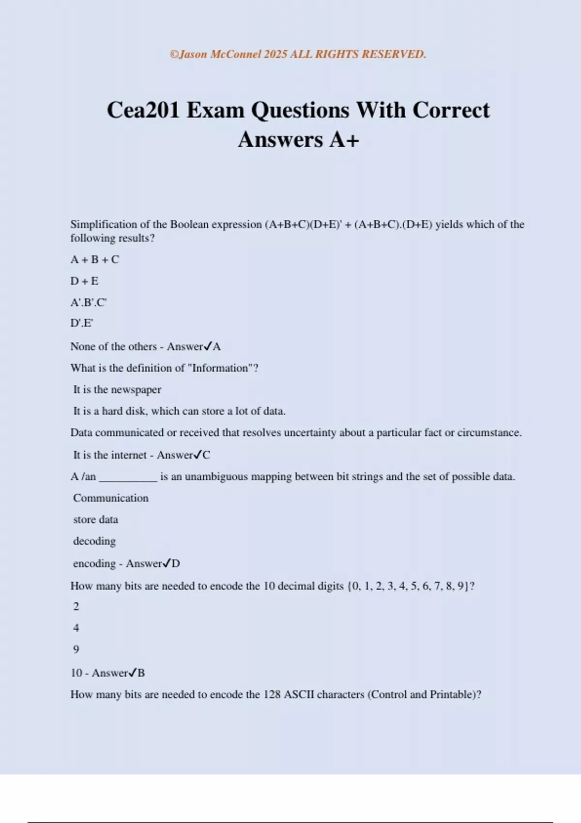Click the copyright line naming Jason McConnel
click(x=298, y=54)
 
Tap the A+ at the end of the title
click(x=344, y=140)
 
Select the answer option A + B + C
click(x=94, y=259)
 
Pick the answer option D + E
click(x=84, y=281)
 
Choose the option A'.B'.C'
click(x=88, y=303)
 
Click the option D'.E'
click(x=81, y=323)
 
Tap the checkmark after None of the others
click(x=208, y=346)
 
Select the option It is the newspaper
click(x=117, y=390)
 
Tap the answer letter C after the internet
click(x=206, y=455)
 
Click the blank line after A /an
click(x=128, y=477)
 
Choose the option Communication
click(x=110, y=498)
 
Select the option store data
click(x=95, y=519)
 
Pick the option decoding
click(x=94, y=541)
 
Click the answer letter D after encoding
click(x=176, y=564)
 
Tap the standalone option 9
click(x=76, y=649)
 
